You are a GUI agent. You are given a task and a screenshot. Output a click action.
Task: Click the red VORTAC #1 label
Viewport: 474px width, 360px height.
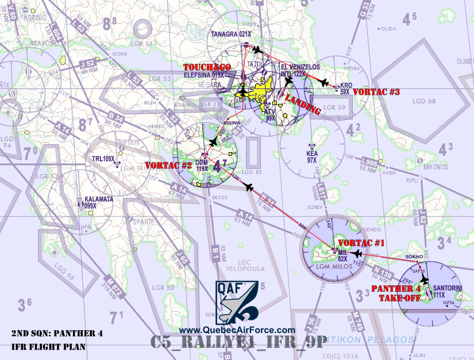(x=360, y=242)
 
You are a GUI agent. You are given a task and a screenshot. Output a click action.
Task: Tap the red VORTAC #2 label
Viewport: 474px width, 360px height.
(x=168, y=165)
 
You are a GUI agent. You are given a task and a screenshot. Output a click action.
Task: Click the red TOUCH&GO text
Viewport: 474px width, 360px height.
(x=207, y=67)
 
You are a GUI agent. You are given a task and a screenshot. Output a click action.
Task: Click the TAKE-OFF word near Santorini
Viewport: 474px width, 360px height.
(x=396, y=297)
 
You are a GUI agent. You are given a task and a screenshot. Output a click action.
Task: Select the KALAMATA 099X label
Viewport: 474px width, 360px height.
(x=98, y=202)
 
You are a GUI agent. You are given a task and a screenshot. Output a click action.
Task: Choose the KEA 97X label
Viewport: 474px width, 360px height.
(x=312, y=157)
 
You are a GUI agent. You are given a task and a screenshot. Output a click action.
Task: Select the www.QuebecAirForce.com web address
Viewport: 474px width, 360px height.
(x=237, y=330)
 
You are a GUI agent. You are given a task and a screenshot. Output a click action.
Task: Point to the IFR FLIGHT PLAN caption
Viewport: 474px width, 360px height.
(x=49, y=347)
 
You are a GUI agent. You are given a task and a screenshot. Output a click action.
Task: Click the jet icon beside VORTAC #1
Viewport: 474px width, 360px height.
(x=357, y=253)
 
